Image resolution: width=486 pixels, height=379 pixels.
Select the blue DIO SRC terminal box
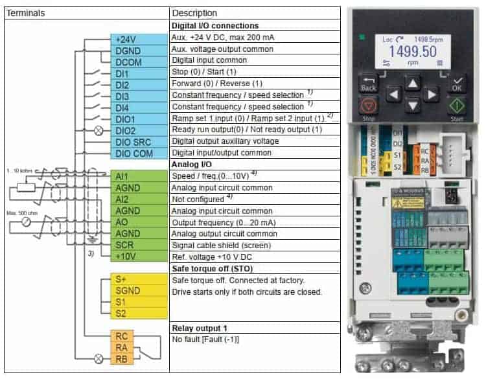click(x=139, y=142)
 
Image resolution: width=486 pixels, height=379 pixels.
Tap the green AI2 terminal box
click(x=139, y=200)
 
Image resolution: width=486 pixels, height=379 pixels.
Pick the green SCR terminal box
click(x=139, y=246)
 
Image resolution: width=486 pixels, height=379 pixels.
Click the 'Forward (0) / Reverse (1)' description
click(x=218, y=84)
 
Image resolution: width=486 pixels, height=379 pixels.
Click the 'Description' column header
click(x=194, y=13)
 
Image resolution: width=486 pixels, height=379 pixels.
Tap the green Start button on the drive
click(x=456, y=105)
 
